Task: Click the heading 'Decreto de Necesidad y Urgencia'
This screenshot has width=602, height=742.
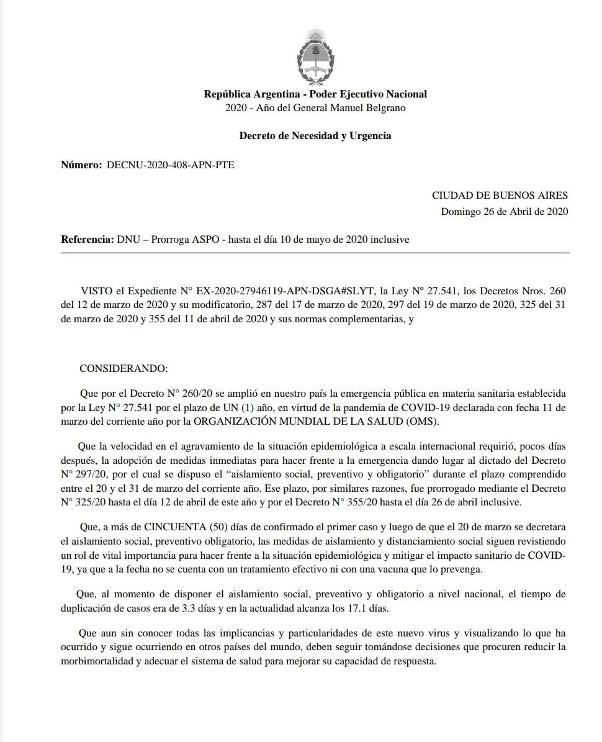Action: tap(315, 135)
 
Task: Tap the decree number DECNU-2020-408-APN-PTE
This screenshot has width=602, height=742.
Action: tap(171, 165)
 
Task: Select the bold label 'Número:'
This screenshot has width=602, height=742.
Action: tap(81, 165)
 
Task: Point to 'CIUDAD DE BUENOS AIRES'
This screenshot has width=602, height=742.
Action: tap(500, 195)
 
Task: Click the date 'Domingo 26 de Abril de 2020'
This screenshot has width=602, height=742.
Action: tap(504, 211)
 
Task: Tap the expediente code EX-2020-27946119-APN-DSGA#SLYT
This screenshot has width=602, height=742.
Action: tap(285, 290)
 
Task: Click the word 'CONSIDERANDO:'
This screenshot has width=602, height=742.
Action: tap(124, 368)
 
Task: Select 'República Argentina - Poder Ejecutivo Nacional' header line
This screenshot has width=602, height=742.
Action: tap(315, 94)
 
